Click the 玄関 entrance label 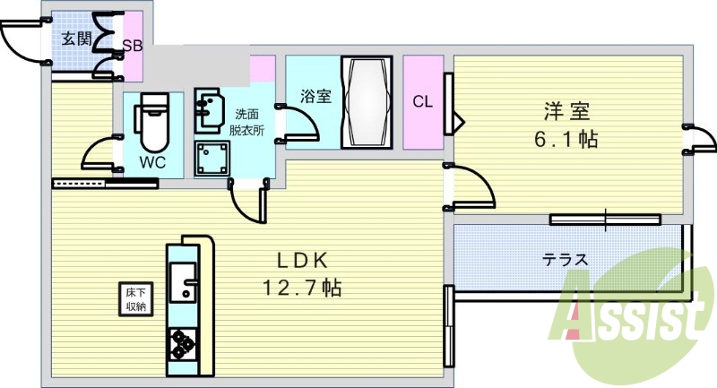coord(77,39)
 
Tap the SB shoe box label coord(132,46)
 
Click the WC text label coord(152,162)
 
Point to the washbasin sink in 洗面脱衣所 coord(208,108)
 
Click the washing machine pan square coord(212,159)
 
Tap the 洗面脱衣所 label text coord(246,122)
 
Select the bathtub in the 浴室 coord(367,102)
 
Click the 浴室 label coord(315,96)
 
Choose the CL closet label coord(422,101)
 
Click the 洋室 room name coord(566,111)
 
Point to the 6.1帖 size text coord(566,139)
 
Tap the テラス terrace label coord(566,260)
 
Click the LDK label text coord(303,261)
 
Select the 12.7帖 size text coord(302,288)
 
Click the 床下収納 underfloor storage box coord(136,299)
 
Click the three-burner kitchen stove coord(183,344)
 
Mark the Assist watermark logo coord(631,316)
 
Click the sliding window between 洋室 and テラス coord(605,220)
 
